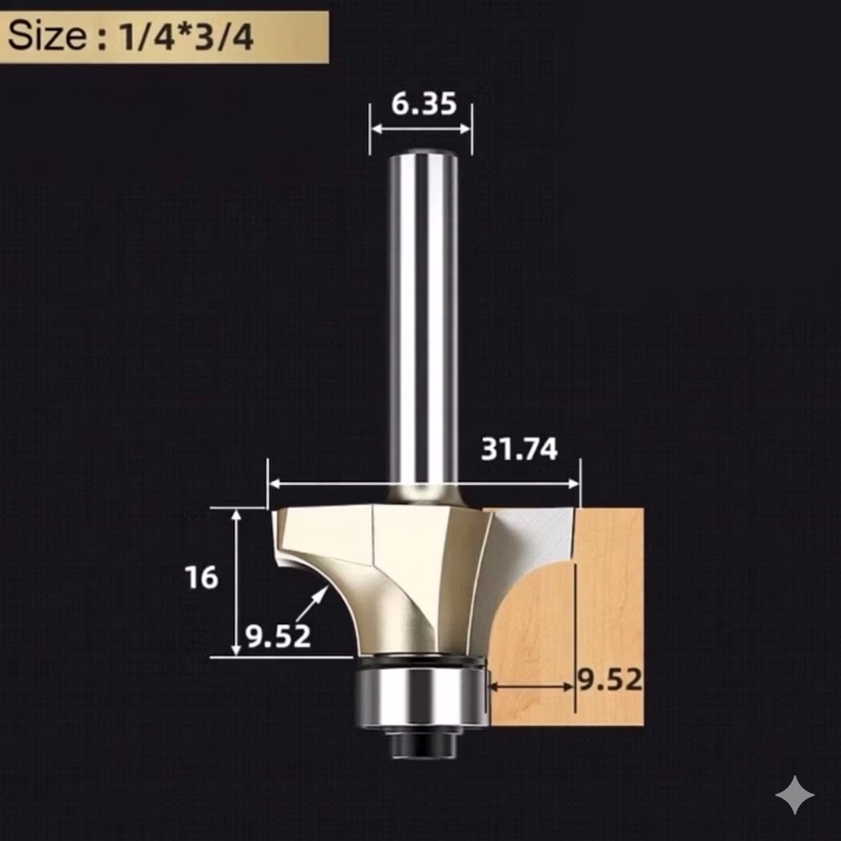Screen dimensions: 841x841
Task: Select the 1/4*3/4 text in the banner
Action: pos(187,38)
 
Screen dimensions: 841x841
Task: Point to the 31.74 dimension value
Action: pos(519,449)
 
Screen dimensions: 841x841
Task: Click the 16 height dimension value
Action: pos(201,577)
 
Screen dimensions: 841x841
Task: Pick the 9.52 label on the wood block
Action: pos(609,680)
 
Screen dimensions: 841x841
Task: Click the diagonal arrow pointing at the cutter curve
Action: pos(310,605)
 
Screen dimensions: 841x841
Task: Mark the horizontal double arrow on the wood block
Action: pos(531,687)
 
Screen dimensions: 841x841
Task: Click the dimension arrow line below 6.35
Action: pos(421,129)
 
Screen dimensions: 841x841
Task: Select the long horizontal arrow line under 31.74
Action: pos(424,485)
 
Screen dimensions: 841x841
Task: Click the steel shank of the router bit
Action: pos(423,329)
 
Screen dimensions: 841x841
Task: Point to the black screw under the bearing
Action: pos(423,744)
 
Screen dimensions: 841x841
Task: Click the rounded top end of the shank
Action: pos(423,154)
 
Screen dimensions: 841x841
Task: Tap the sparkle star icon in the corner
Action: pos(794,794)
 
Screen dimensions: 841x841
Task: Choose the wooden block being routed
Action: pos(608,591)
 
